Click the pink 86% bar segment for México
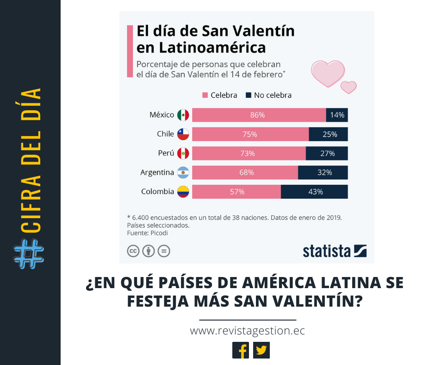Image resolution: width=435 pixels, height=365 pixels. pyautogui.click(x=259, y=115)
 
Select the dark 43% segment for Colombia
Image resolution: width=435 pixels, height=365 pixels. pyautogui.click(x=314, y=191)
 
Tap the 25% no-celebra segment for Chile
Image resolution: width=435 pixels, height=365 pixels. pyautogui.click(x=328, y=134)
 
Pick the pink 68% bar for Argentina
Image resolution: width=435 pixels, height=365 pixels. pyautogui.click(x=245, y=172)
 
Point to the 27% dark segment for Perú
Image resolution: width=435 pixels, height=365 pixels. pyautogui.click(x=326, y=153)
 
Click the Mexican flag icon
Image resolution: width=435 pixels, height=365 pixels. pyautogui.click(x=183, y=115)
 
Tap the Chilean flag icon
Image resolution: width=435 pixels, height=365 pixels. pyautogui.click(x=183, y=134)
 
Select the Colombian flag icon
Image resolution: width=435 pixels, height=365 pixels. pyautogui.click(x=183, y=191)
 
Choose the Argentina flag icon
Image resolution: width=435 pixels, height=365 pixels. pyautogui.click(x=183, y=172)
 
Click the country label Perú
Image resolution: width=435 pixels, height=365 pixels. pyautogui.click(x=166, y=153)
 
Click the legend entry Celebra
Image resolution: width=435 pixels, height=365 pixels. pyautogui.click(x=219, y=95)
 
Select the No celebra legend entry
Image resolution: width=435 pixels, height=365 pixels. pyautogui.click(x=268, y=95)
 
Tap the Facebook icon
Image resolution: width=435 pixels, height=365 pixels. pyautogui.click(x=241, y=350)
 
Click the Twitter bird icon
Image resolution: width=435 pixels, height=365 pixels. pyautogui.click(x=261, y=350)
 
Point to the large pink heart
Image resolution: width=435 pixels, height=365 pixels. pyautogui.click(x=327, y=73)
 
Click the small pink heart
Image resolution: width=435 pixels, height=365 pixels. pyautogui.click(x=348, y=87)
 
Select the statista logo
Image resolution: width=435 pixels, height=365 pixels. pyautogui.click(x=335, y=251)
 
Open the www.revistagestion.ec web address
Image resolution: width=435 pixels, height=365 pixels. pyautogui.click(x=248, y=331)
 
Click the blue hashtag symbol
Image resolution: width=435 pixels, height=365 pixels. pyautogui.click(x=29, y=254)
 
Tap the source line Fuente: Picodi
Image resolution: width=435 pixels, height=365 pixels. pyautogui.click(x=147, y=233)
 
